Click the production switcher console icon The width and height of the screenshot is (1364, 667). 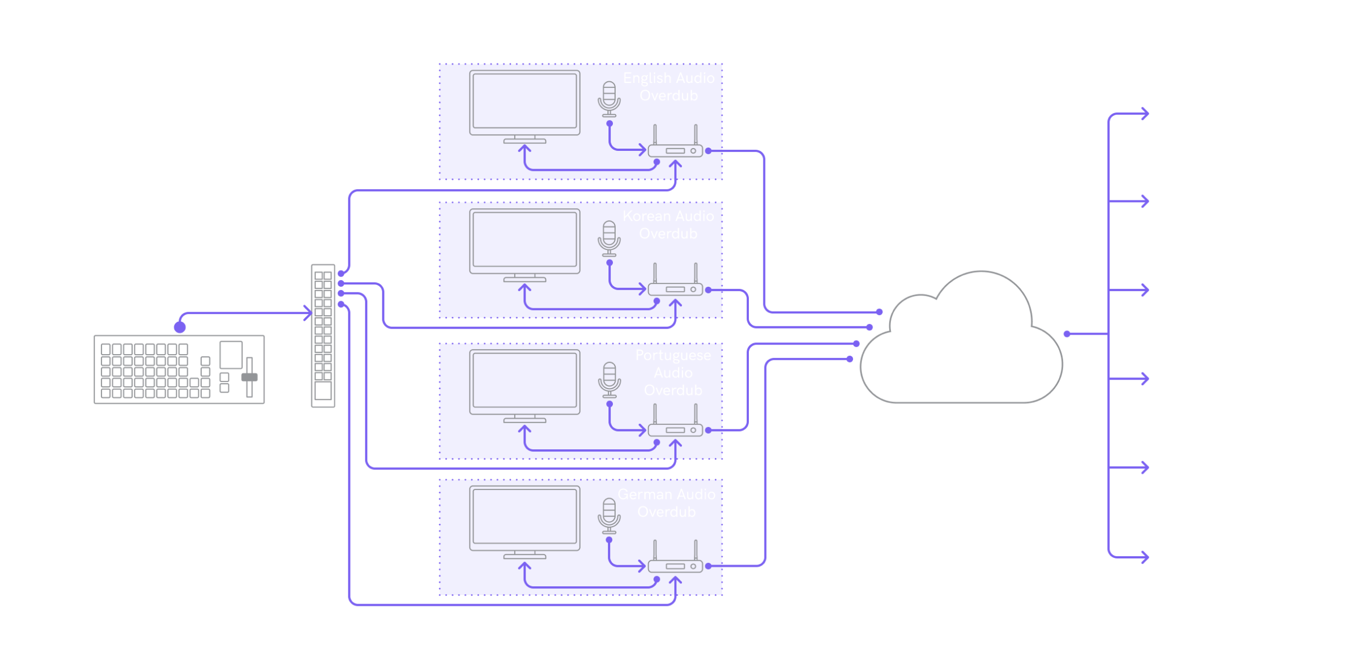pos(179,370)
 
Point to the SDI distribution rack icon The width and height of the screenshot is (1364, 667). pos(323,336)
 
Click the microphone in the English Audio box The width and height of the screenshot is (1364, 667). pos(609,100)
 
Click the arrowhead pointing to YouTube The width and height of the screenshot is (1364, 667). pos(1145,114)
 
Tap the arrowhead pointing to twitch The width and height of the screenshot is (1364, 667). pos(1145,379)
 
